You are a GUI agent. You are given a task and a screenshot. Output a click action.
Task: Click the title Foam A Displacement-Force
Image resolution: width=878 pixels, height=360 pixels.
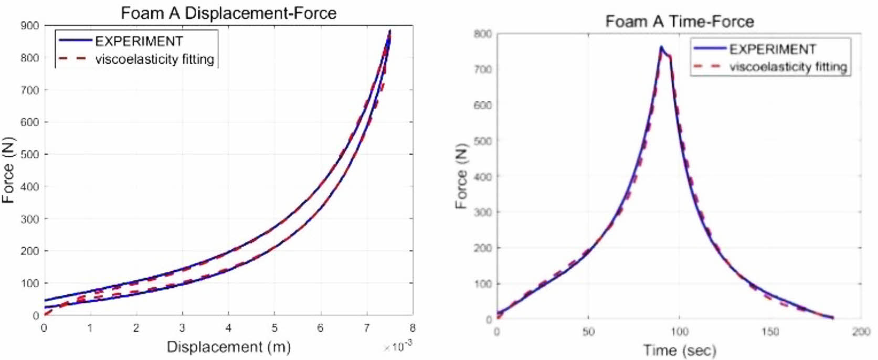coord(228,13)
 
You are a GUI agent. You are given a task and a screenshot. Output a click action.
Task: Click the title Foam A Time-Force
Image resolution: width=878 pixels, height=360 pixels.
coord(679,22)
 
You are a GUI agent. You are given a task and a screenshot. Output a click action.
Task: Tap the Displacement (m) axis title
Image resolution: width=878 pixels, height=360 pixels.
coord(228,347)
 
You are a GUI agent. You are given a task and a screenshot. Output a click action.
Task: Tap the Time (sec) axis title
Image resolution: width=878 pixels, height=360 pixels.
coord(679,350)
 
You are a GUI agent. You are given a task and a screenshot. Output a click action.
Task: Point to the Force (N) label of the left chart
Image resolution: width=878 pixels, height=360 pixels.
coord(8,171)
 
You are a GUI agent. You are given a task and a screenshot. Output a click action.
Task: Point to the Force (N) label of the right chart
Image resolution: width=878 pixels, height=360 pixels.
coord(461,176)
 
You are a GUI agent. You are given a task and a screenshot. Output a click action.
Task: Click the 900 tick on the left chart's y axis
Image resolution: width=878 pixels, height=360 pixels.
coord(30,26)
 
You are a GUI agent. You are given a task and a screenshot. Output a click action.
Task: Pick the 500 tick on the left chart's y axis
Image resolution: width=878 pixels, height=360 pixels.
coord(30,154)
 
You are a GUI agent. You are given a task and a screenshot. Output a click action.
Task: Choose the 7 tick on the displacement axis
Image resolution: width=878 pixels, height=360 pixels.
coord(366,329)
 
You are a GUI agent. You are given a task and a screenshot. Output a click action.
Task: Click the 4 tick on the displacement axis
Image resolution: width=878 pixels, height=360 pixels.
coord(228,329)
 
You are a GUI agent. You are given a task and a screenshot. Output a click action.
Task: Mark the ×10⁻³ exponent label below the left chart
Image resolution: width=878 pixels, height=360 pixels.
coord(397,346)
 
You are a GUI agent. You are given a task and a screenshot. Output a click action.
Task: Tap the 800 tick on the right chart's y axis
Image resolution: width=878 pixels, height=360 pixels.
coord(483,34)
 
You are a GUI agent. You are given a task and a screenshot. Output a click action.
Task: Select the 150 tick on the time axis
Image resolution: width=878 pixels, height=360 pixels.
coord(770,332)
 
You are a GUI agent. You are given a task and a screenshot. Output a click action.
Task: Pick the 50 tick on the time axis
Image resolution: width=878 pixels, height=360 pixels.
coord(588,332)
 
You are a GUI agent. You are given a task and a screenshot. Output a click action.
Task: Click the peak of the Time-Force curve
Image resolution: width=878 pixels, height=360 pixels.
coord(661,47)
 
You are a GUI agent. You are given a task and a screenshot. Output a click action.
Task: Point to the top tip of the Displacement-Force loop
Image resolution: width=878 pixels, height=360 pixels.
coord(389,31)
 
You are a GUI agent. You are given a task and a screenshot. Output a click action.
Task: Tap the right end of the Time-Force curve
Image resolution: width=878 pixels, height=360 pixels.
coord(833,317)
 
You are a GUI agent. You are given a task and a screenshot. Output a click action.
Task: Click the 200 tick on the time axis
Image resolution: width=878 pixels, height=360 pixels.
coord(861,332)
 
